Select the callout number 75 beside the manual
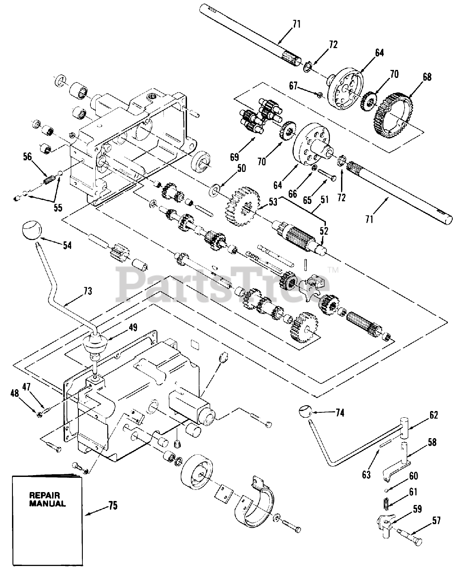113,506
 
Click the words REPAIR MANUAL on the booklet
47,499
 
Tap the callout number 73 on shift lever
87,291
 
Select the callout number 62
434,415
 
